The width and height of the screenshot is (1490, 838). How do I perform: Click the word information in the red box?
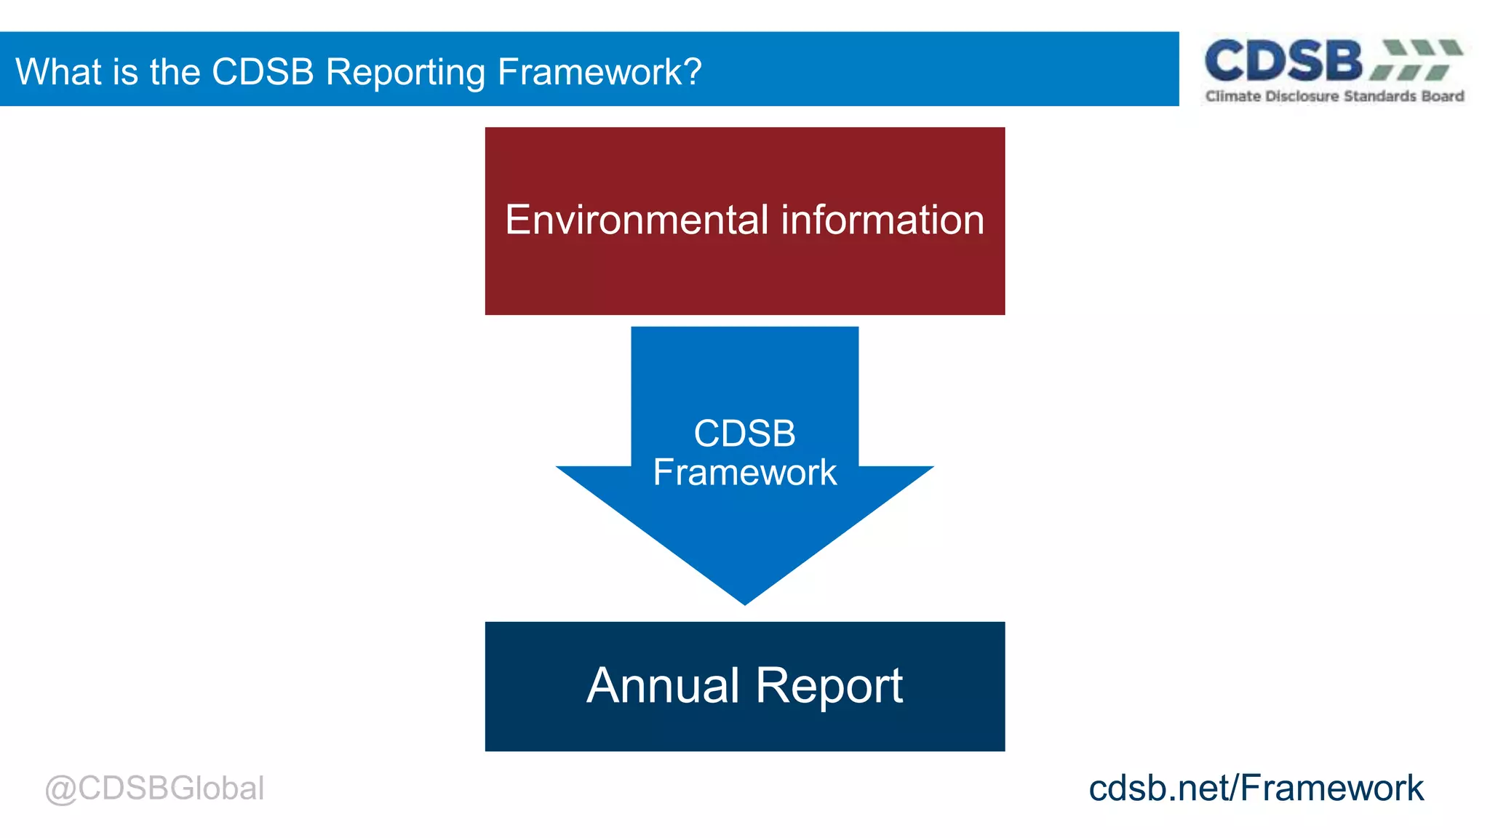tap(883, 220)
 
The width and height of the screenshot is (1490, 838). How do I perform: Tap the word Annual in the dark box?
tap(663, 686)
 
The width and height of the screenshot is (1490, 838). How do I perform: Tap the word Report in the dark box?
tap(829, 686)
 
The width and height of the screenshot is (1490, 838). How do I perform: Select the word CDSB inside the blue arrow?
tap(744, 434)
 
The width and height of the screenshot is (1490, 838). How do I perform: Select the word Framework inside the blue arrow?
tap(744, 473)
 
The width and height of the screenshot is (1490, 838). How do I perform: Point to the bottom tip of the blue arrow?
tap(744, 600)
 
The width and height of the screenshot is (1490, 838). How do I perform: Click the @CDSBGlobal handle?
tap(154, 789)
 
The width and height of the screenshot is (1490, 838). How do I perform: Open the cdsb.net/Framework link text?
tap(1256, 789)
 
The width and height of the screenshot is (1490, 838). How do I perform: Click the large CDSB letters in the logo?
tap(1283, 61)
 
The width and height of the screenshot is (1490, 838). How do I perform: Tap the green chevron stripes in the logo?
tap(1417, 60)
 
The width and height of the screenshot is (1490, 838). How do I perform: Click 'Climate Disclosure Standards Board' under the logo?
tap(1334, 96)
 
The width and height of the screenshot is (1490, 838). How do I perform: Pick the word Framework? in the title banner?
tap(599, 72)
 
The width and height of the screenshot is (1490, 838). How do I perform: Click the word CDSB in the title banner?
tap(263, 72)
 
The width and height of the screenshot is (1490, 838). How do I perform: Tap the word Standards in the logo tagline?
tap(1380, 96)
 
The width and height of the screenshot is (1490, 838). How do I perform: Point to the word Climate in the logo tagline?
tap(1232, 96)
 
